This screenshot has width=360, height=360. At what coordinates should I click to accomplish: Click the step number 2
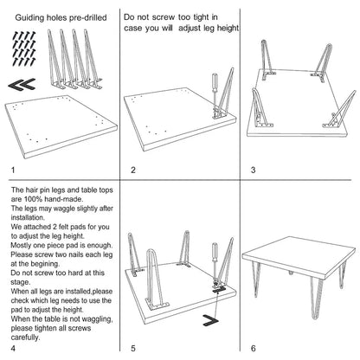(132, 170)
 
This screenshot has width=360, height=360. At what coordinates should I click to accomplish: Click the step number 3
(253, 170)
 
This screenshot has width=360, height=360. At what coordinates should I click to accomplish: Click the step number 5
(132, 349)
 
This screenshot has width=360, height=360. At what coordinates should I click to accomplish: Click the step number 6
(253, 349)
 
